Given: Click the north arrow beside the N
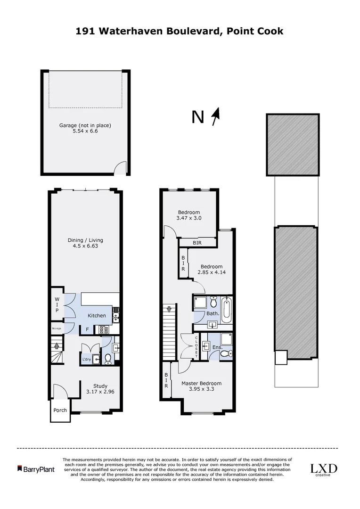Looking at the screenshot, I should (216, 116).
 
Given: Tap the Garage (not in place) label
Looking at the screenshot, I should (85, 125).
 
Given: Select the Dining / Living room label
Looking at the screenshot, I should (85, 240).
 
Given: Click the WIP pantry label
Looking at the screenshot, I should (57, 304).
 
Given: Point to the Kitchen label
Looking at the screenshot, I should (96, 315).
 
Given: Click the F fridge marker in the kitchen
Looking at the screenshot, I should (87, 330).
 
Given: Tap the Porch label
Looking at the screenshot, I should (60, 410).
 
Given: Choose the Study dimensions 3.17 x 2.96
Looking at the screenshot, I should (100, 391).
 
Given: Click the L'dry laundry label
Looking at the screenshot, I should (87, 360).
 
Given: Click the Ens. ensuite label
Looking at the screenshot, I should (217, 347).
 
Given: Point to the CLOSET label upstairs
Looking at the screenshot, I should (196, 346).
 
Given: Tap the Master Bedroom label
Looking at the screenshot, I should (201, 383).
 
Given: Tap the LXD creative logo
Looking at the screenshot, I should (323, 469).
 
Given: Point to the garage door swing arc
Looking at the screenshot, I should (122, 168).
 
